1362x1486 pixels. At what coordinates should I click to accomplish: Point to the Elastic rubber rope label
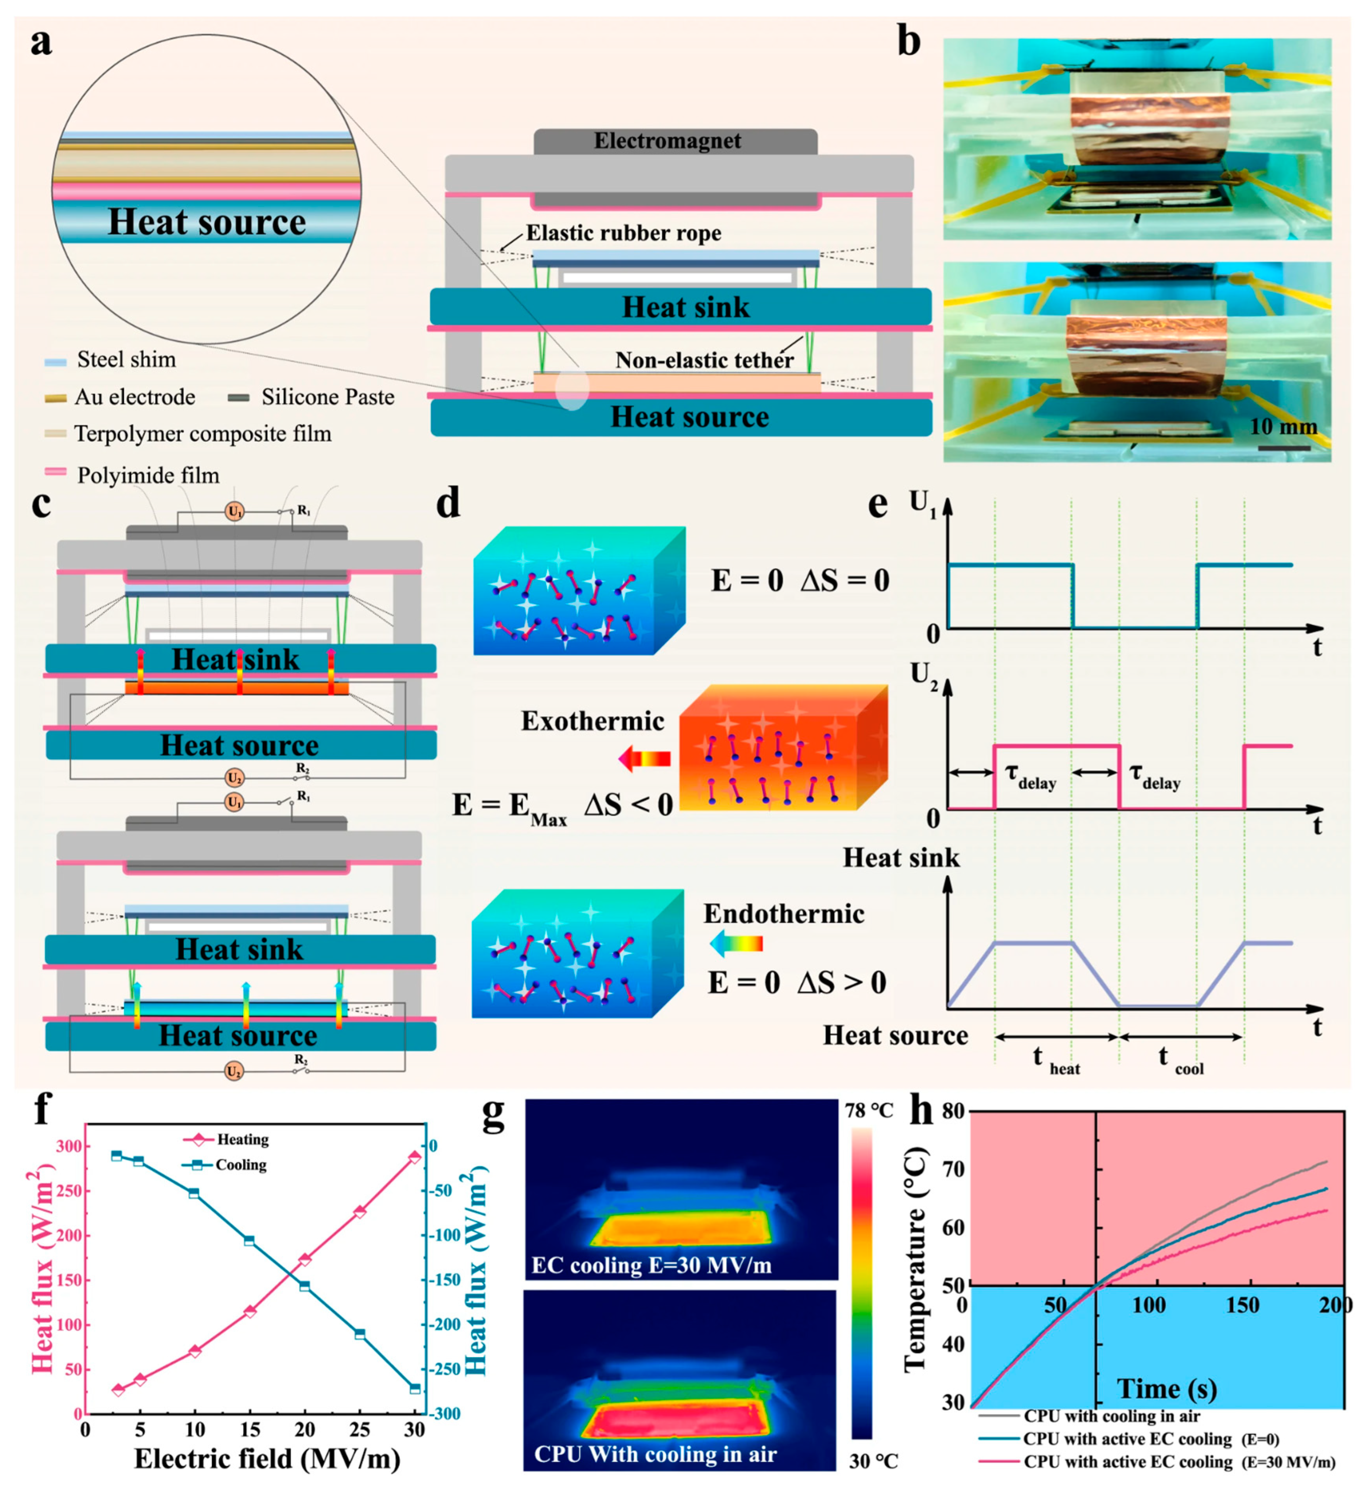tap(623, 234)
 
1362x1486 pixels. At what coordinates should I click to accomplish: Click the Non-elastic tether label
tap(704, 361)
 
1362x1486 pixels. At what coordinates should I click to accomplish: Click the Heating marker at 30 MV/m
tap(415, 1156)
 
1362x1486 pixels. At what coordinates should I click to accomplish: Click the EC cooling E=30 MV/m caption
tap(651, 1266)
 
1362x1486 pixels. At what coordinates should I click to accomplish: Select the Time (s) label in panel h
tap(1167, 1389)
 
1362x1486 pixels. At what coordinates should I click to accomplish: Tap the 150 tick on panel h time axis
tap(1242, 1306)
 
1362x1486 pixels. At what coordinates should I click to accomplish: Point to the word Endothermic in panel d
tap(783, 914)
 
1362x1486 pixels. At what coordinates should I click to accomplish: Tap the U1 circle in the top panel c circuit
tap(234, 511)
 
